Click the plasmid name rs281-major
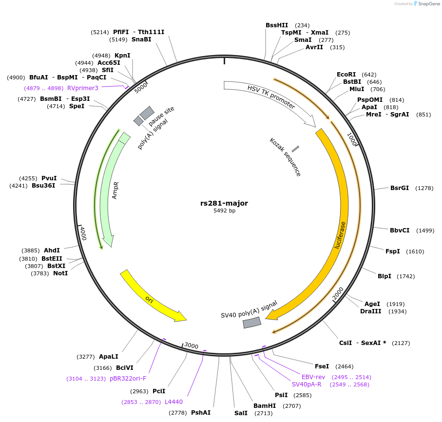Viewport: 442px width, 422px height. point(224,203)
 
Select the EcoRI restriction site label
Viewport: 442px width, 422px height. point(346,75)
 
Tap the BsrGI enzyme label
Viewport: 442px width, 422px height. point(399,188)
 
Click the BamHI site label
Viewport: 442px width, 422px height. point(265,405)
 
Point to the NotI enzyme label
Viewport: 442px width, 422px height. point(60,273)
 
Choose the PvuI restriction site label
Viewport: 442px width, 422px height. point(49,178)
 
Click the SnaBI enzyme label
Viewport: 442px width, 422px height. point(141,39)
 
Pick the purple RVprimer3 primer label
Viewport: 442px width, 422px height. point(83,88)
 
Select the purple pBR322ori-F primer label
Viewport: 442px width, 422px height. point(128,379)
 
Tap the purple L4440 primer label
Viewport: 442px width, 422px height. point(174,402)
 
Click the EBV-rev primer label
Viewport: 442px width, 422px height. point(313,377)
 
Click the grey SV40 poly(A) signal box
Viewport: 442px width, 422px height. point(252,322)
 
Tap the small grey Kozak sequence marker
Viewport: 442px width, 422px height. point(295,149)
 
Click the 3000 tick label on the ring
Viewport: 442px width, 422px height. point(191,345)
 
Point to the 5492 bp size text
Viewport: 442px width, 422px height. point(224,211)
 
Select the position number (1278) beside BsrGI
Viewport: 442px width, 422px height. point(424,188)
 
